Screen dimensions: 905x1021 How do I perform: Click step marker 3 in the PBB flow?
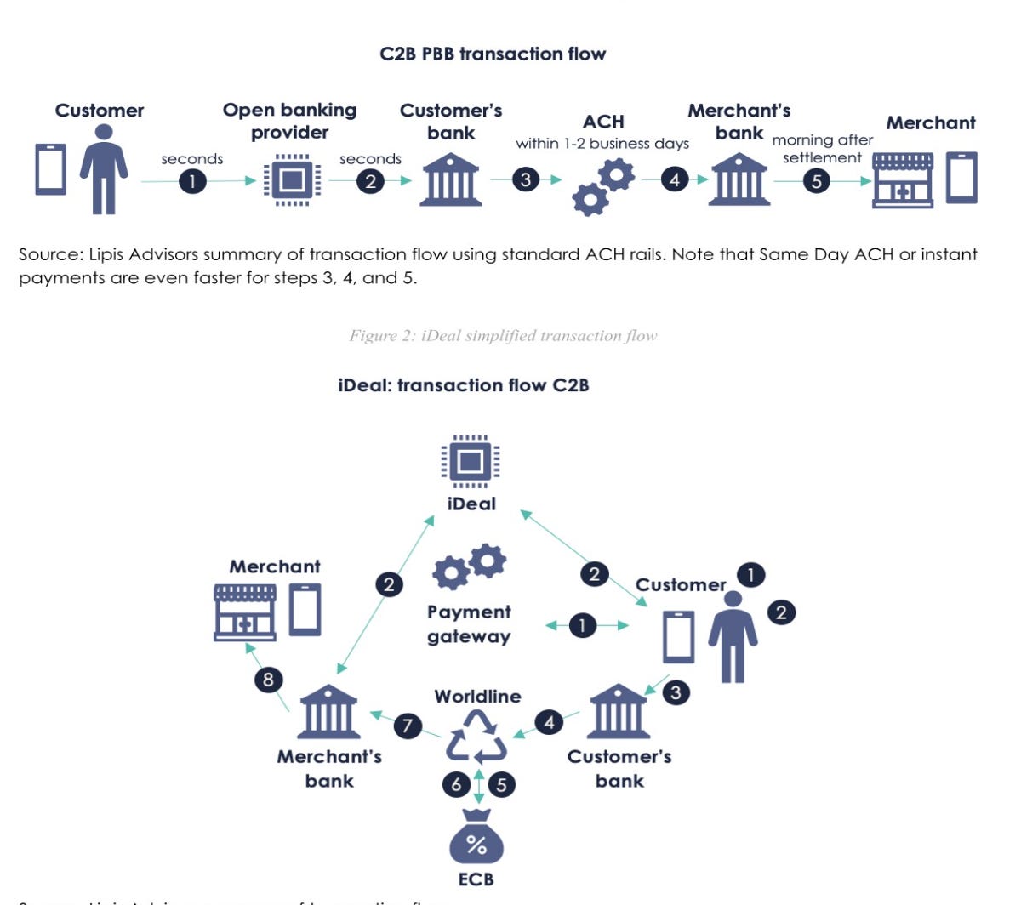point(526,179)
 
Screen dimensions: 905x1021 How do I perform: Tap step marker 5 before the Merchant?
point(817,180)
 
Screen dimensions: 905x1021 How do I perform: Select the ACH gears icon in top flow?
point(603,187)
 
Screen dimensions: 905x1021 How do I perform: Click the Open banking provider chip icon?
point(292,180)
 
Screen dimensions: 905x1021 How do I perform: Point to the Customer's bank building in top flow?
point(451,180)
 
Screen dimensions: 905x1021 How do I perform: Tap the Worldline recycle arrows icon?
point(476,736)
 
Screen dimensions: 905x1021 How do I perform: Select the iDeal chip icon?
point(471,462)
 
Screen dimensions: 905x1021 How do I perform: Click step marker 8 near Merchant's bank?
point(269,679)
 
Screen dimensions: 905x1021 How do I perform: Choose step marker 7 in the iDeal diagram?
point(408,726)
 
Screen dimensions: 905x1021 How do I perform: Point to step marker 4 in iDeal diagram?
point(550,722)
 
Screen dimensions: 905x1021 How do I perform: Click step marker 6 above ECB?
point(456,783)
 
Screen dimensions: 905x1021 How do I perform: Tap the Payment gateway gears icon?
point(469,567)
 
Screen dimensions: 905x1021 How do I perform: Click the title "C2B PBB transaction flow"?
point(493,54)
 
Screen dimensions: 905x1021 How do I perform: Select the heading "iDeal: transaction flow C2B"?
point(464,384)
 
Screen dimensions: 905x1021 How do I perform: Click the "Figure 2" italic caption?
point(503,335)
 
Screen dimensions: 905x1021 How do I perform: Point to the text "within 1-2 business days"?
point(602,144)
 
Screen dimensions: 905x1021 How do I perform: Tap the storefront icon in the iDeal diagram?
point(245,612)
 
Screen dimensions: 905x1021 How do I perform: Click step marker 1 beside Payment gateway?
point(582,625)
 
